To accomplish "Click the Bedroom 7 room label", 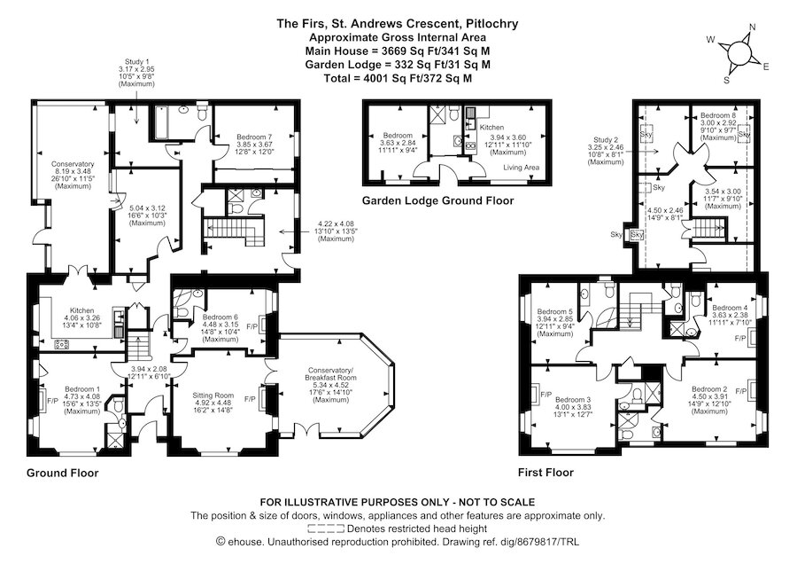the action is coord(254,137).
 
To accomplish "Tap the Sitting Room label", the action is coord(213,395).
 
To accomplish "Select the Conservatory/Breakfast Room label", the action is coord(330,373).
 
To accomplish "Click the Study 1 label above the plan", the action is coord(136,61).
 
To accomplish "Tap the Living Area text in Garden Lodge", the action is coord(521,168).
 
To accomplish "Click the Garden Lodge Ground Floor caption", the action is coord(437,200).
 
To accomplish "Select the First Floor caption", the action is coord(546,473).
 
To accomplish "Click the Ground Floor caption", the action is coord(63,473).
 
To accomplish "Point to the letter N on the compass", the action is coord(753,27).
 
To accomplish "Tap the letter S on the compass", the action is coord(726,80).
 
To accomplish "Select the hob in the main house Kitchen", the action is coord(62,344).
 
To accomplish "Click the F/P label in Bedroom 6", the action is coord(251,326).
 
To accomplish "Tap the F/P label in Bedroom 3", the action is coord(546,394).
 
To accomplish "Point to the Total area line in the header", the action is coord(398,78).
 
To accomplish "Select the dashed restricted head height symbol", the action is coord(326,529).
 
